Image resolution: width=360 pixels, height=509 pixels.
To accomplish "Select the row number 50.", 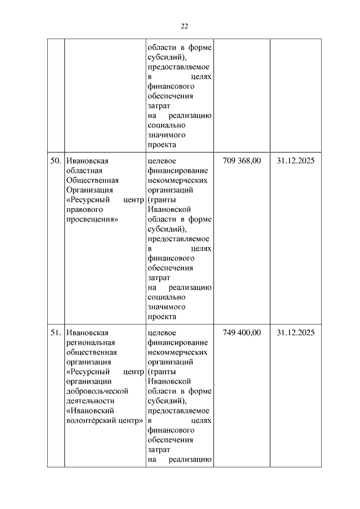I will coord(56,161).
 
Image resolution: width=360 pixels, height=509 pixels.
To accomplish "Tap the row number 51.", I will coord(56,333).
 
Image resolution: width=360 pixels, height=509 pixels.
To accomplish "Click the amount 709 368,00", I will coord(242,161).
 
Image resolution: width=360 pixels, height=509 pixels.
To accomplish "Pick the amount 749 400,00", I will coord(242,333).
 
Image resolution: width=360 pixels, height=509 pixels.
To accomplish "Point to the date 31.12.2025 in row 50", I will coord(295,161).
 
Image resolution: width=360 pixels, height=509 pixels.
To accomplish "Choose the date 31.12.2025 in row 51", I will coord(295,333).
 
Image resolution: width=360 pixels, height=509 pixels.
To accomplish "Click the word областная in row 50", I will coord(84,171).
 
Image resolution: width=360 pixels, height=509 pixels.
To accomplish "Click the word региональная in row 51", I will coord(90,343).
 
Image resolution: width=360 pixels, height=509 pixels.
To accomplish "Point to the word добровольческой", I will coord(97,391).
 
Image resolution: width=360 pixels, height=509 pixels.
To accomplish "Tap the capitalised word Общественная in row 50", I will coord(92,181).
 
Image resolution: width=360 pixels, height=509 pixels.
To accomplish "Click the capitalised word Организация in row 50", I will coord(89,190).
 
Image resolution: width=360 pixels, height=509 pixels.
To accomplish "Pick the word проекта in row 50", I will coord(161,317).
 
